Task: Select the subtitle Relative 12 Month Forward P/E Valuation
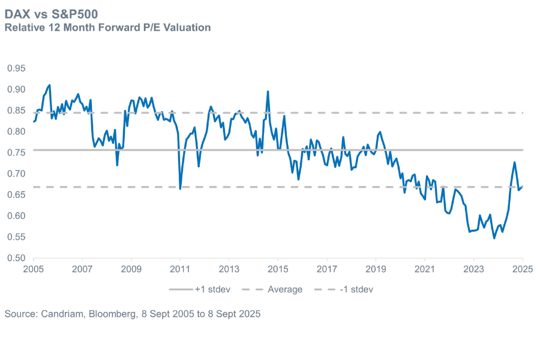coord(107,27)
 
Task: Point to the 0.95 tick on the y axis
coord(16,68)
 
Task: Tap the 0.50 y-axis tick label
coord(16,258)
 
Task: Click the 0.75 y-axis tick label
coord(16,152)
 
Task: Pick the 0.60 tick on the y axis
coord(16,216)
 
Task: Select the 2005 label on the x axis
coord(34,268)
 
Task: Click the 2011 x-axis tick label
coord(180,268)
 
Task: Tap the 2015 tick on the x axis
coord(278,268)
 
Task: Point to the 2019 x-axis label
coord(376,268)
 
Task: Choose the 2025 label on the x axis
coord(523,268)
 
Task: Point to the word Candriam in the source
coord(62,314)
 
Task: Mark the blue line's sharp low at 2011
coord(181,189)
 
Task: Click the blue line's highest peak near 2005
coord(49,85)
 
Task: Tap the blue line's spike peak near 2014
coord(268,92)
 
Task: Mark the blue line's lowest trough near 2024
coord(494,238)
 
